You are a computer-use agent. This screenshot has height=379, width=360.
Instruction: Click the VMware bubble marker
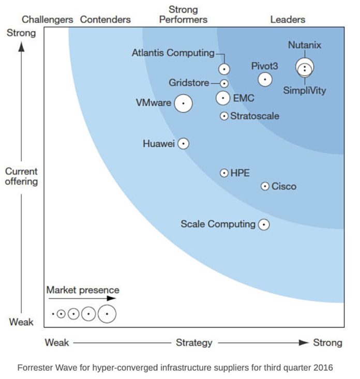tap(183, 103)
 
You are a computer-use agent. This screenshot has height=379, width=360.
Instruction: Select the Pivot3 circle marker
tap(265, 79)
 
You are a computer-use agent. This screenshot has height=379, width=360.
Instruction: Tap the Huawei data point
tap(183, 144)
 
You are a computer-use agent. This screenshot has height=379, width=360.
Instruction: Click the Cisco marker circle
tap(265, 186)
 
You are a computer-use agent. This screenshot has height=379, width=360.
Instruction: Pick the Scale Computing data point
tap(264, 224)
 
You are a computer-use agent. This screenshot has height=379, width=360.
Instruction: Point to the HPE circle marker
tap(224, 173)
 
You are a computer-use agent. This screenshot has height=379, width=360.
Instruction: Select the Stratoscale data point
tap(224, 116)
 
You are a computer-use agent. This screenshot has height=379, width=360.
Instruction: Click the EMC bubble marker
tap(223, 97)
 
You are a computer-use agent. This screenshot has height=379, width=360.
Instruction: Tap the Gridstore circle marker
tap(224, 83)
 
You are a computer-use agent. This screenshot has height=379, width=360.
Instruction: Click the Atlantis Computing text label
tap(173, 53)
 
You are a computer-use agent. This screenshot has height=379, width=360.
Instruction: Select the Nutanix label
tap(304, 45)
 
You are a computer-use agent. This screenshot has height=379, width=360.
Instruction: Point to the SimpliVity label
tap(305, 90)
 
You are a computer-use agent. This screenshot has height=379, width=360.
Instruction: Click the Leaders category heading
tap(288, 20)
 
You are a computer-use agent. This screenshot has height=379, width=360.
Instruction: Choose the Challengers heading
tap(48, 20)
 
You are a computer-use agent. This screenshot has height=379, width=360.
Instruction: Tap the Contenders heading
tap(105, 20)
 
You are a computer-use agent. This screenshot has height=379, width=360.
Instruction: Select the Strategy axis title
tap(194, 343)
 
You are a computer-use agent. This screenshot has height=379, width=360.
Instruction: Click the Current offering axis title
tap(21, 176)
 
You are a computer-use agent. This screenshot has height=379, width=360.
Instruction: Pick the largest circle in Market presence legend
tap(107, 313)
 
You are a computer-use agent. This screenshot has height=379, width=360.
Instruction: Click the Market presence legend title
tap(83, 290)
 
